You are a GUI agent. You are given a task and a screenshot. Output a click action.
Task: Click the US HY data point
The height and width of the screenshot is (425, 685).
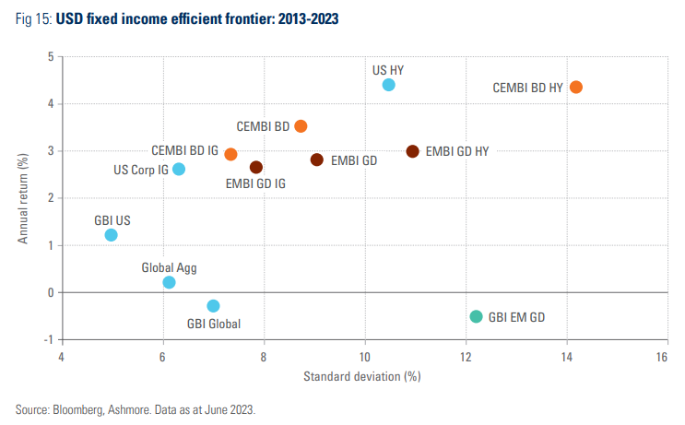(x=388, y=85)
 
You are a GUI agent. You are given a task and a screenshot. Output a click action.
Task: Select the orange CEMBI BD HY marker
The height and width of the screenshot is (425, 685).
(x=576, y=87)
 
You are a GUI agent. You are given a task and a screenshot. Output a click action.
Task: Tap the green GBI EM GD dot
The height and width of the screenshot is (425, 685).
(x=476, y=316)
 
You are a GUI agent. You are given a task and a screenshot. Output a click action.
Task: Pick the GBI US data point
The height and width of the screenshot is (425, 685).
(x=111, y=235)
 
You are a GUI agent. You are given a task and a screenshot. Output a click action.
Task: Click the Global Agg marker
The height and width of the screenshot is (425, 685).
(x=169, y=282)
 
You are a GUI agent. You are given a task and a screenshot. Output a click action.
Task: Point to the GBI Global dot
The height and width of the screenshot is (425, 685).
(x=213, y=305)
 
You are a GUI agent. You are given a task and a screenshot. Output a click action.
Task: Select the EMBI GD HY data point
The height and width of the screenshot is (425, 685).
(x=412, y=151)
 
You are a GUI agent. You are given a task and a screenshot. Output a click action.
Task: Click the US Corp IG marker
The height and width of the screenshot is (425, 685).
(x=179, y=169)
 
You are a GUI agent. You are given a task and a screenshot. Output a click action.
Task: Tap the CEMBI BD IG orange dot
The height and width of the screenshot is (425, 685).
(x=230, y=154)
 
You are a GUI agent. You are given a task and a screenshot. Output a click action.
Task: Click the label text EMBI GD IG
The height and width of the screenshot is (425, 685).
(x=255, y=183)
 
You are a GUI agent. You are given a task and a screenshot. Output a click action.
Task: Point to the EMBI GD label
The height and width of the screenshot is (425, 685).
(x=354, y=160)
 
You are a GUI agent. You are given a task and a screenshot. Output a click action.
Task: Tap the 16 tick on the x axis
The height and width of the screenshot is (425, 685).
(x=661, y=356)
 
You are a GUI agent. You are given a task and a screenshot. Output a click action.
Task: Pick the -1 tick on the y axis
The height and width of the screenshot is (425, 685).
(x=49, y=340)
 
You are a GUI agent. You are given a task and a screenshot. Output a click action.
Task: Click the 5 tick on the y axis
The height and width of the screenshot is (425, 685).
(x=51, y=58)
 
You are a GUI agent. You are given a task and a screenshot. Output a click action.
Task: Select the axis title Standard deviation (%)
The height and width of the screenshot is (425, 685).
(x=361, y=376)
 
